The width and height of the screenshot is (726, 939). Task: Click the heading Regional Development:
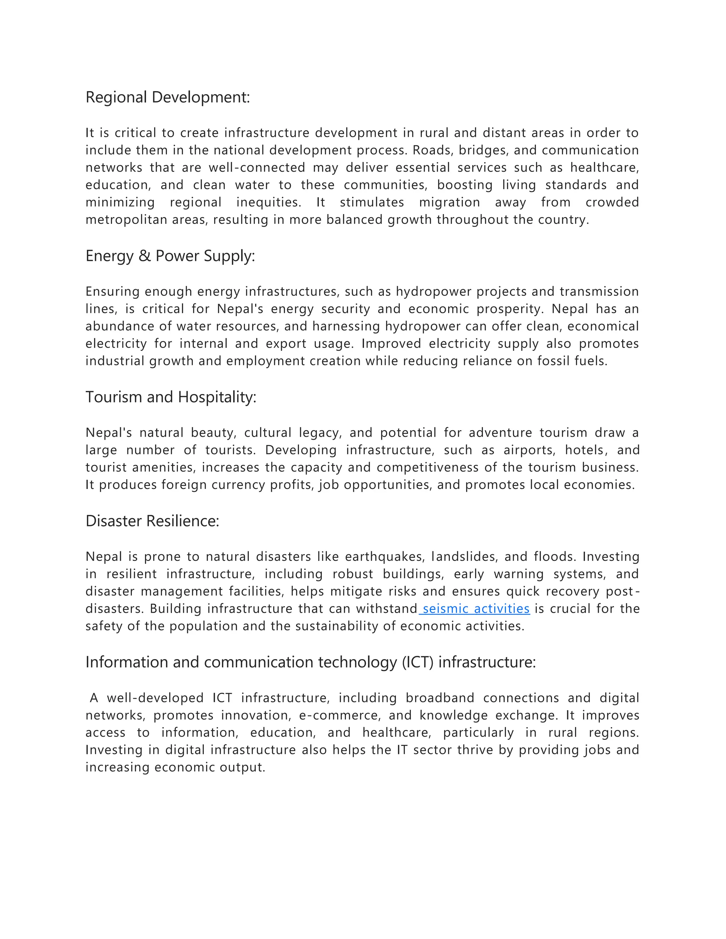point(167,97)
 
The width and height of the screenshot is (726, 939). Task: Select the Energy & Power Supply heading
point(170,256)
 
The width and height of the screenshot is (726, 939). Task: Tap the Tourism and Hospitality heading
point(171,397)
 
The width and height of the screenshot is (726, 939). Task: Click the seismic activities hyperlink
point(476,608)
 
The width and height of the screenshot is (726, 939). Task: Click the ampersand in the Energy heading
point(145,256)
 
